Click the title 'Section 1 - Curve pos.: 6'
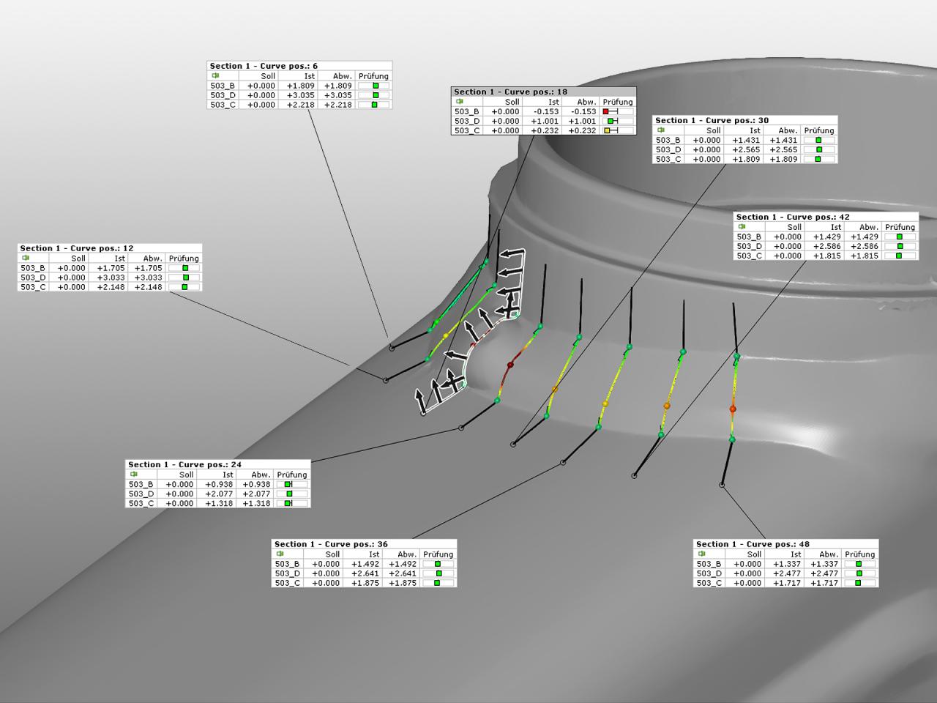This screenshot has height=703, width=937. [264, 66]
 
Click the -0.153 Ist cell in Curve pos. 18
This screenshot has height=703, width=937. [545, 112]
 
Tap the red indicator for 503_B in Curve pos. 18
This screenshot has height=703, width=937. [606, 112]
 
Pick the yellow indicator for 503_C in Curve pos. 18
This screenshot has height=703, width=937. [607, 131]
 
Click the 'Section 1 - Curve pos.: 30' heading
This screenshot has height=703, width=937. [712, 120]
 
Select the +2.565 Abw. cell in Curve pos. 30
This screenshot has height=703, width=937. [783, 149]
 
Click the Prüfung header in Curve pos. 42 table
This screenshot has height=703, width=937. [900, 227]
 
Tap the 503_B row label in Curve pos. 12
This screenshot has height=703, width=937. [33, 268]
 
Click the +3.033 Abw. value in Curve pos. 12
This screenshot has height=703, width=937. [149, 278]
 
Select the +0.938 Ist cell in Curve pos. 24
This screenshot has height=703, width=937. [219, 484]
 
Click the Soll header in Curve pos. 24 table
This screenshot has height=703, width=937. [186, 475]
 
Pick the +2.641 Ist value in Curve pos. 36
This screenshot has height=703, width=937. [365, 573]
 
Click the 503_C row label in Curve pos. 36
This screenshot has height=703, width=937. [288, 583]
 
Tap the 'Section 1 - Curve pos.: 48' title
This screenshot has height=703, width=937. [753, 544]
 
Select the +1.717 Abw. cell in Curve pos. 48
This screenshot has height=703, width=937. [824, 583]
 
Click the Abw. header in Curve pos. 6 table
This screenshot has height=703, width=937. [342, 76]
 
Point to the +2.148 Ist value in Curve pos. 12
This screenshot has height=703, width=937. [111, 287]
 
